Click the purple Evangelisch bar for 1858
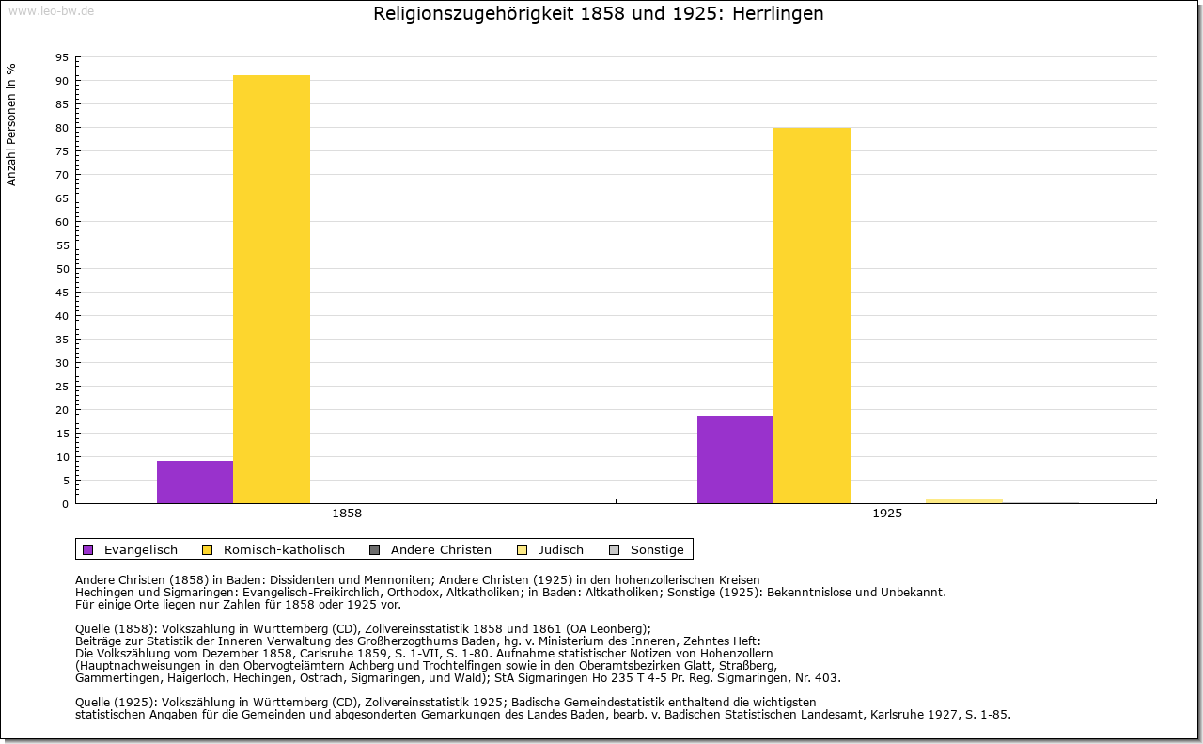tap(195, 482)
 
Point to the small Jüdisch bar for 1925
tap(964, 500)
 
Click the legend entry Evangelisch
tap(140, 549)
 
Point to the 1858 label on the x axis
tap(347, 514)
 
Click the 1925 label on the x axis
tap(887, 514)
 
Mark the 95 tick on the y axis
tap(61, 57)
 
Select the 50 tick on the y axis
tap(61, 269)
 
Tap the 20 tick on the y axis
tap(61, 410)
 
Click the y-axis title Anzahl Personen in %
tap(12, 124)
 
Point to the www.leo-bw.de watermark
tap(51, 11)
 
